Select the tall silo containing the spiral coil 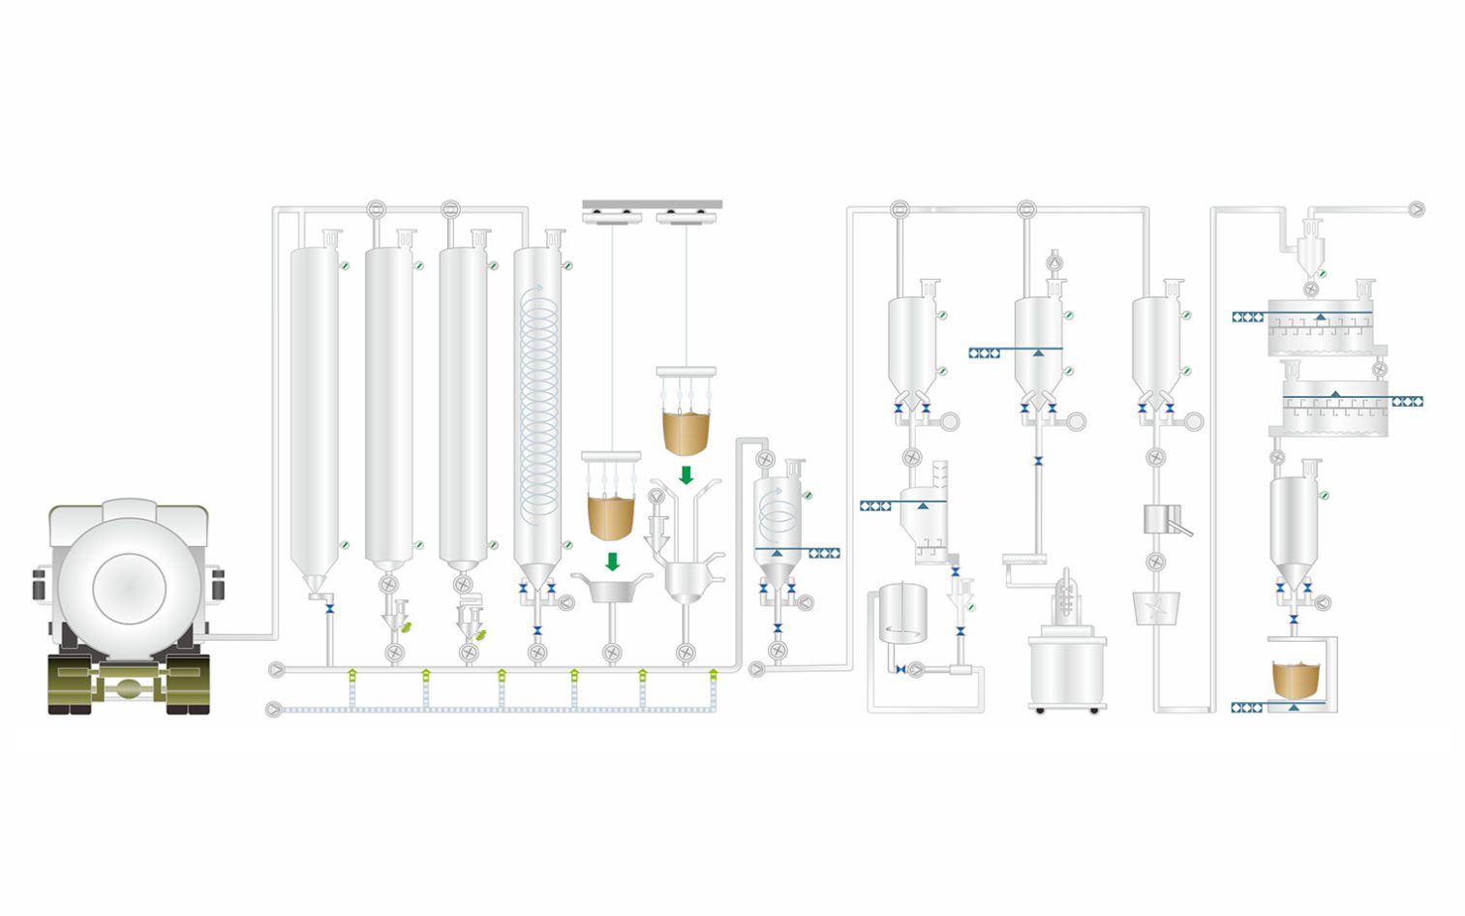click(x=537, y=407)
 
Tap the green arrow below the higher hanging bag click(x=687, y=475)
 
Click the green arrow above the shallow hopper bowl click(x=612, y=562)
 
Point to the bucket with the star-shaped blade click(x=1155, y=608)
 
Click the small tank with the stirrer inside click(x=902, y=612)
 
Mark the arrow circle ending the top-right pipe click(x=1417, y=208)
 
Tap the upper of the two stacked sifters click(x=1321, y=329)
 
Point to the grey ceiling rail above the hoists click(x=652, y=204)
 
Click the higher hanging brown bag click(x=686, y=432)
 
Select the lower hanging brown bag click(x=611, y=516)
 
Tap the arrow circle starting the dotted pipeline click(x=274, y=710)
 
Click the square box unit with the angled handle click(x=1159, y=519)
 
